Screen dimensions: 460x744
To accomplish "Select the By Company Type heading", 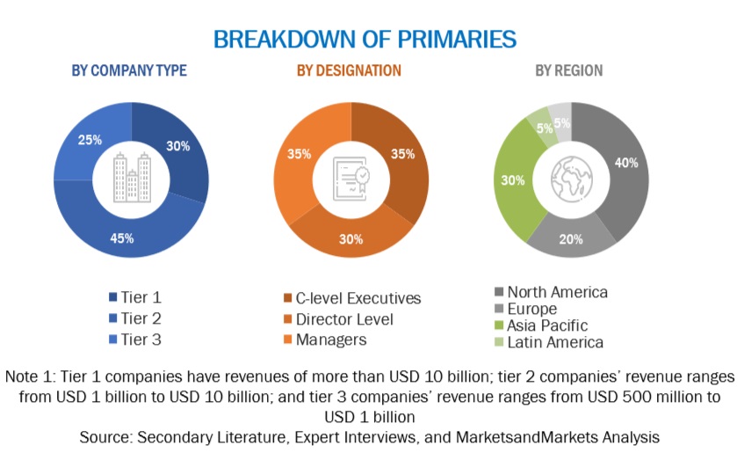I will tap(128, 70).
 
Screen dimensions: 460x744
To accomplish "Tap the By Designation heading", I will tap(349, 70).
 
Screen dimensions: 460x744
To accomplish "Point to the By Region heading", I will tap(569, 70).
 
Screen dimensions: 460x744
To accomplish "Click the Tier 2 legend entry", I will tap(141, 318).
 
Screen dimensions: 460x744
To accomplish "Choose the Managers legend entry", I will tap(331, 340).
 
